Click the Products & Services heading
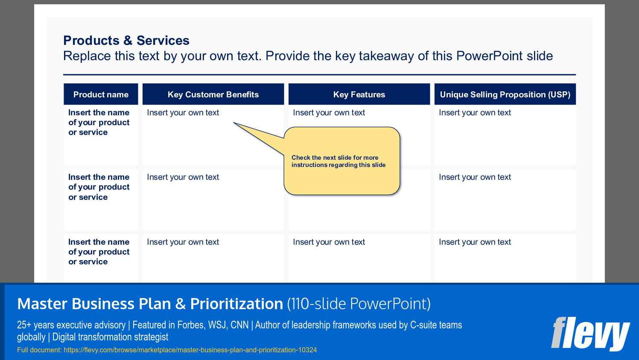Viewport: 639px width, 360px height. (126, 41)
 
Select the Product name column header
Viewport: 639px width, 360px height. (101, 94)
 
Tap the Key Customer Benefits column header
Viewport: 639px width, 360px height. (213, 94)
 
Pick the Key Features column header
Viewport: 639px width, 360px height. (359, 94)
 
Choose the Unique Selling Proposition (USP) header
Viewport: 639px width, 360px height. (505, 94)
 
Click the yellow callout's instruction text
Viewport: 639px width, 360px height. (338, 161)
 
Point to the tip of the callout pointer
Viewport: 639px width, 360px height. (234, 123)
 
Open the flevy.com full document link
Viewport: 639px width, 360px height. (190, 350)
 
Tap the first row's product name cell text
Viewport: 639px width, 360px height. (99, 123)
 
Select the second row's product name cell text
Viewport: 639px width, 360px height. (99, 187)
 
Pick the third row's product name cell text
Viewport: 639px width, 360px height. (99, 252)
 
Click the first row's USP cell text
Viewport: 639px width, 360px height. (475, 113)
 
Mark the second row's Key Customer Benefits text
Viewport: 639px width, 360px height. (183, 177)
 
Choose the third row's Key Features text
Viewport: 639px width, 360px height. (329, 242)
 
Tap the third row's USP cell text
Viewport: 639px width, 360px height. (475, 242)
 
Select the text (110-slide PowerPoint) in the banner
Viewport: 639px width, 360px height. (359, 304)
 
